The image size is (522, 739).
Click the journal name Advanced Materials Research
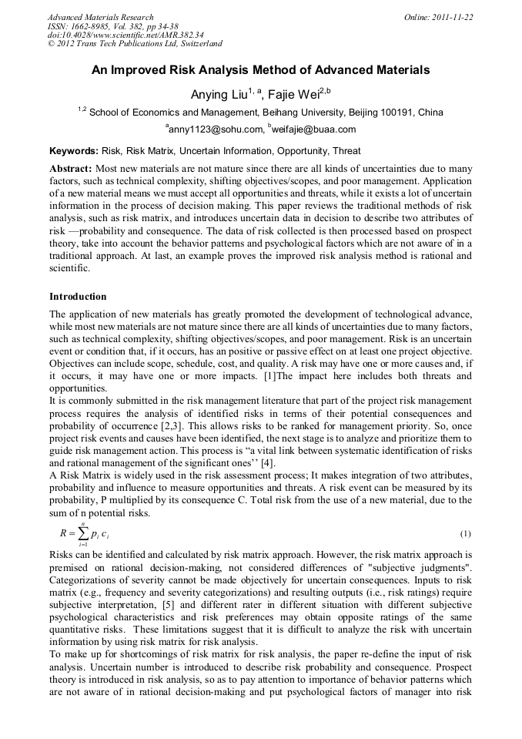click(100, 17)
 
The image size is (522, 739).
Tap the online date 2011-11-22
click(450, 17)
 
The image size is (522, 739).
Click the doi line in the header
click(125, 35)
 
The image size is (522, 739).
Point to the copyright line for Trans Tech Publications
click(135, 44)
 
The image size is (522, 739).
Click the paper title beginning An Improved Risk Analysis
click(260, 70)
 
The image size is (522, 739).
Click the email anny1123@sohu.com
click(213, 129)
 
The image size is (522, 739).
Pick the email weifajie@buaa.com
click(312, 129)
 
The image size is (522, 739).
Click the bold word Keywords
click(73, 151)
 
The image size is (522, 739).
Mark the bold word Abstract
click(71, 168)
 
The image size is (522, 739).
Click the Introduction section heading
click(78, 297)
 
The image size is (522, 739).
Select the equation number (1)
click(465, 533)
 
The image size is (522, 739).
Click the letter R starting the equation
click(64, 533)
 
